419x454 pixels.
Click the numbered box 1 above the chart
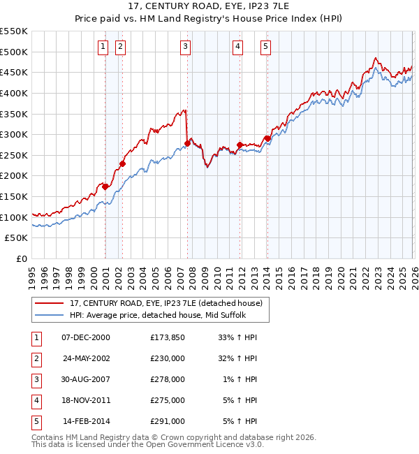click(x=103, y=47)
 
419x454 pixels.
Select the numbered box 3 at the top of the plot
click(x=185, y=47)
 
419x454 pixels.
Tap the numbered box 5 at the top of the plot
click(x=266, y=47)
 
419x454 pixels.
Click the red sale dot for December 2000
click(x=105, y=186)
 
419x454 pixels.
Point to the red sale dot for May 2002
click(x=122, y=163)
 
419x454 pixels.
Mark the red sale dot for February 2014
click(x=267, y=138)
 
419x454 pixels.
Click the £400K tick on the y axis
click(x=14, y=93)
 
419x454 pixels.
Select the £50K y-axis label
click(x=17, y=238)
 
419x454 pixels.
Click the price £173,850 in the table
click(x=167, y=337)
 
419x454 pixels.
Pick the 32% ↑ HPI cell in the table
click(x=238, y=358)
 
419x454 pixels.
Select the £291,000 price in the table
click(x=167, y=421)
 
